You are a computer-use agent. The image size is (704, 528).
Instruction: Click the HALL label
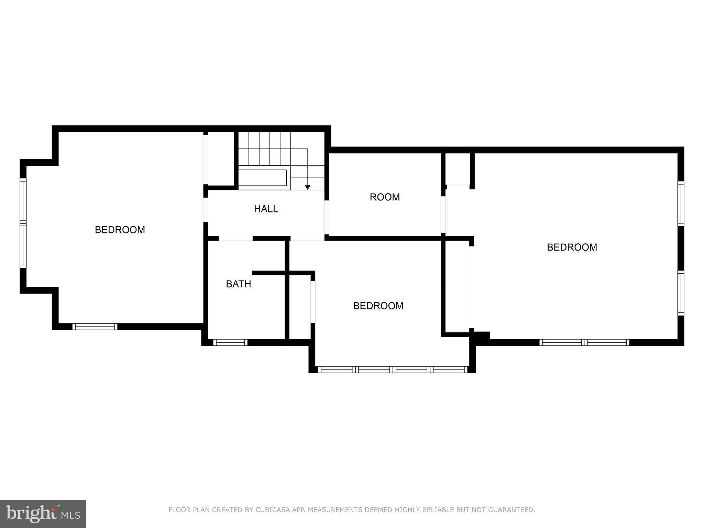click(x=266, y=209)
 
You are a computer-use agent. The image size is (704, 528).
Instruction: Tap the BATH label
click(x=238, y=284)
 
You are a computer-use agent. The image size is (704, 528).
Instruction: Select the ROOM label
click(x=384, y=197)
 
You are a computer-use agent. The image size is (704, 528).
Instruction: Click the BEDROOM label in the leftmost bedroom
click(x=120, y=230)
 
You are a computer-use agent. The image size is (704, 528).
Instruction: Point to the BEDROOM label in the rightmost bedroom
click(x=572, y=247)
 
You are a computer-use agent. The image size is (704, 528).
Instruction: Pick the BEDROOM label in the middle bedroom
click(x=378, y=306)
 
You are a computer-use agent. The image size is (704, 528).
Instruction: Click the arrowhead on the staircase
click(x=307, y=187)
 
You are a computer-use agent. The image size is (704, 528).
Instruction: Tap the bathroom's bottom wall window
click(x=230, y=342)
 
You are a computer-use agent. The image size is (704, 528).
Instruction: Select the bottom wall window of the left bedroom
click(x=95, y=327)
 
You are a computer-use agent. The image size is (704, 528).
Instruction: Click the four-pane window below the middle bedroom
click(x=393, y=370)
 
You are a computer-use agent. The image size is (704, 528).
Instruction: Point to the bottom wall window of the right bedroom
click(x=584, y=342)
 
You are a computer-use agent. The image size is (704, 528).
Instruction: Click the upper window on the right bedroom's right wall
click(x=681, y=203)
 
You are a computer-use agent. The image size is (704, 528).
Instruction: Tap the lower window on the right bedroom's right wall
click(x=681, y=293)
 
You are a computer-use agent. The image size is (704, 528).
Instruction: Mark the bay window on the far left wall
click(x=23, y=223)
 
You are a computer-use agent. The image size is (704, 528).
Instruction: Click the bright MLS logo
click(x=43, y=514)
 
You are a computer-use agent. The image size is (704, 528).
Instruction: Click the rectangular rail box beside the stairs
click(x=262, y=178)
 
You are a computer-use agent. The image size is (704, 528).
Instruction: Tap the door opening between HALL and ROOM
click(x=327, y=217)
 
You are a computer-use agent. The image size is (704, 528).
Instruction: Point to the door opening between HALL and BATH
click(x=235, y=238)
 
